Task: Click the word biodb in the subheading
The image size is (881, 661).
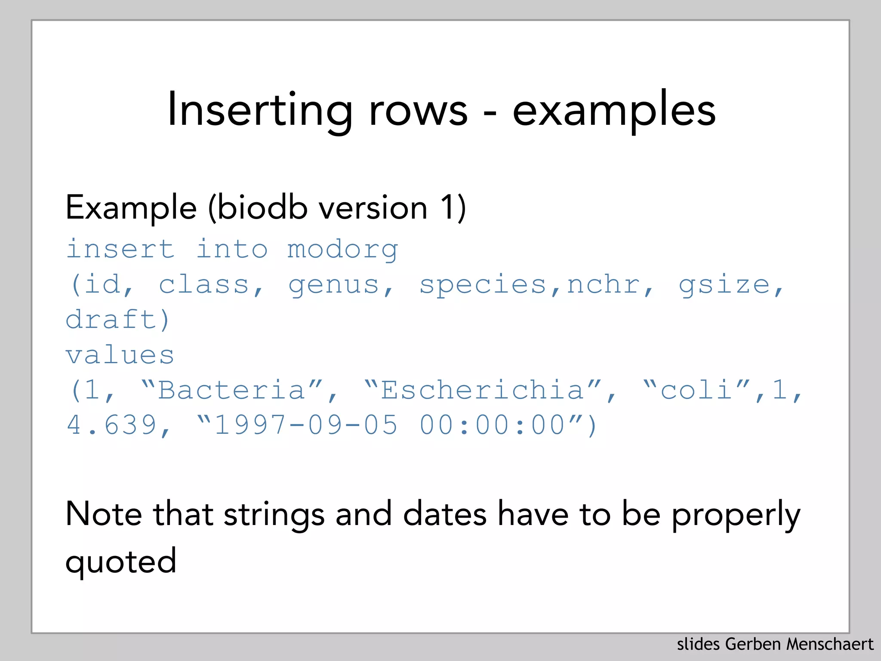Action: tap(262, 208)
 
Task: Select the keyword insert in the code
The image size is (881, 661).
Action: tap(120, 249)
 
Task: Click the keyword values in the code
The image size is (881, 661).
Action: tap(120, 355)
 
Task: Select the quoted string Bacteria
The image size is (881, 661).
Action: tap(231, 391)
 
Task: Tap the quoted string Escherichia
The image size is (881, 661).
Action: tap(482, 391)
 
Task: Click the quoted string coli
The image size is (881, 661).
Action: tap(696, 391)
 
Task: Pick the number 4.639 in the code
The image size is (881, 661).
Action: tap(111, 426)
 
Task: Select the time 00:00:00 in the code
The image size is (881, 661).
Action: tap(492, 426)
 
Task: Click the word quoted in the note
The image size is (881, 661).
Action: tap(121, 562)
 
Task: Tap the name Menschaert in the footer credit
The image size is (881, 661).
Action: tap(830, 645)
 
